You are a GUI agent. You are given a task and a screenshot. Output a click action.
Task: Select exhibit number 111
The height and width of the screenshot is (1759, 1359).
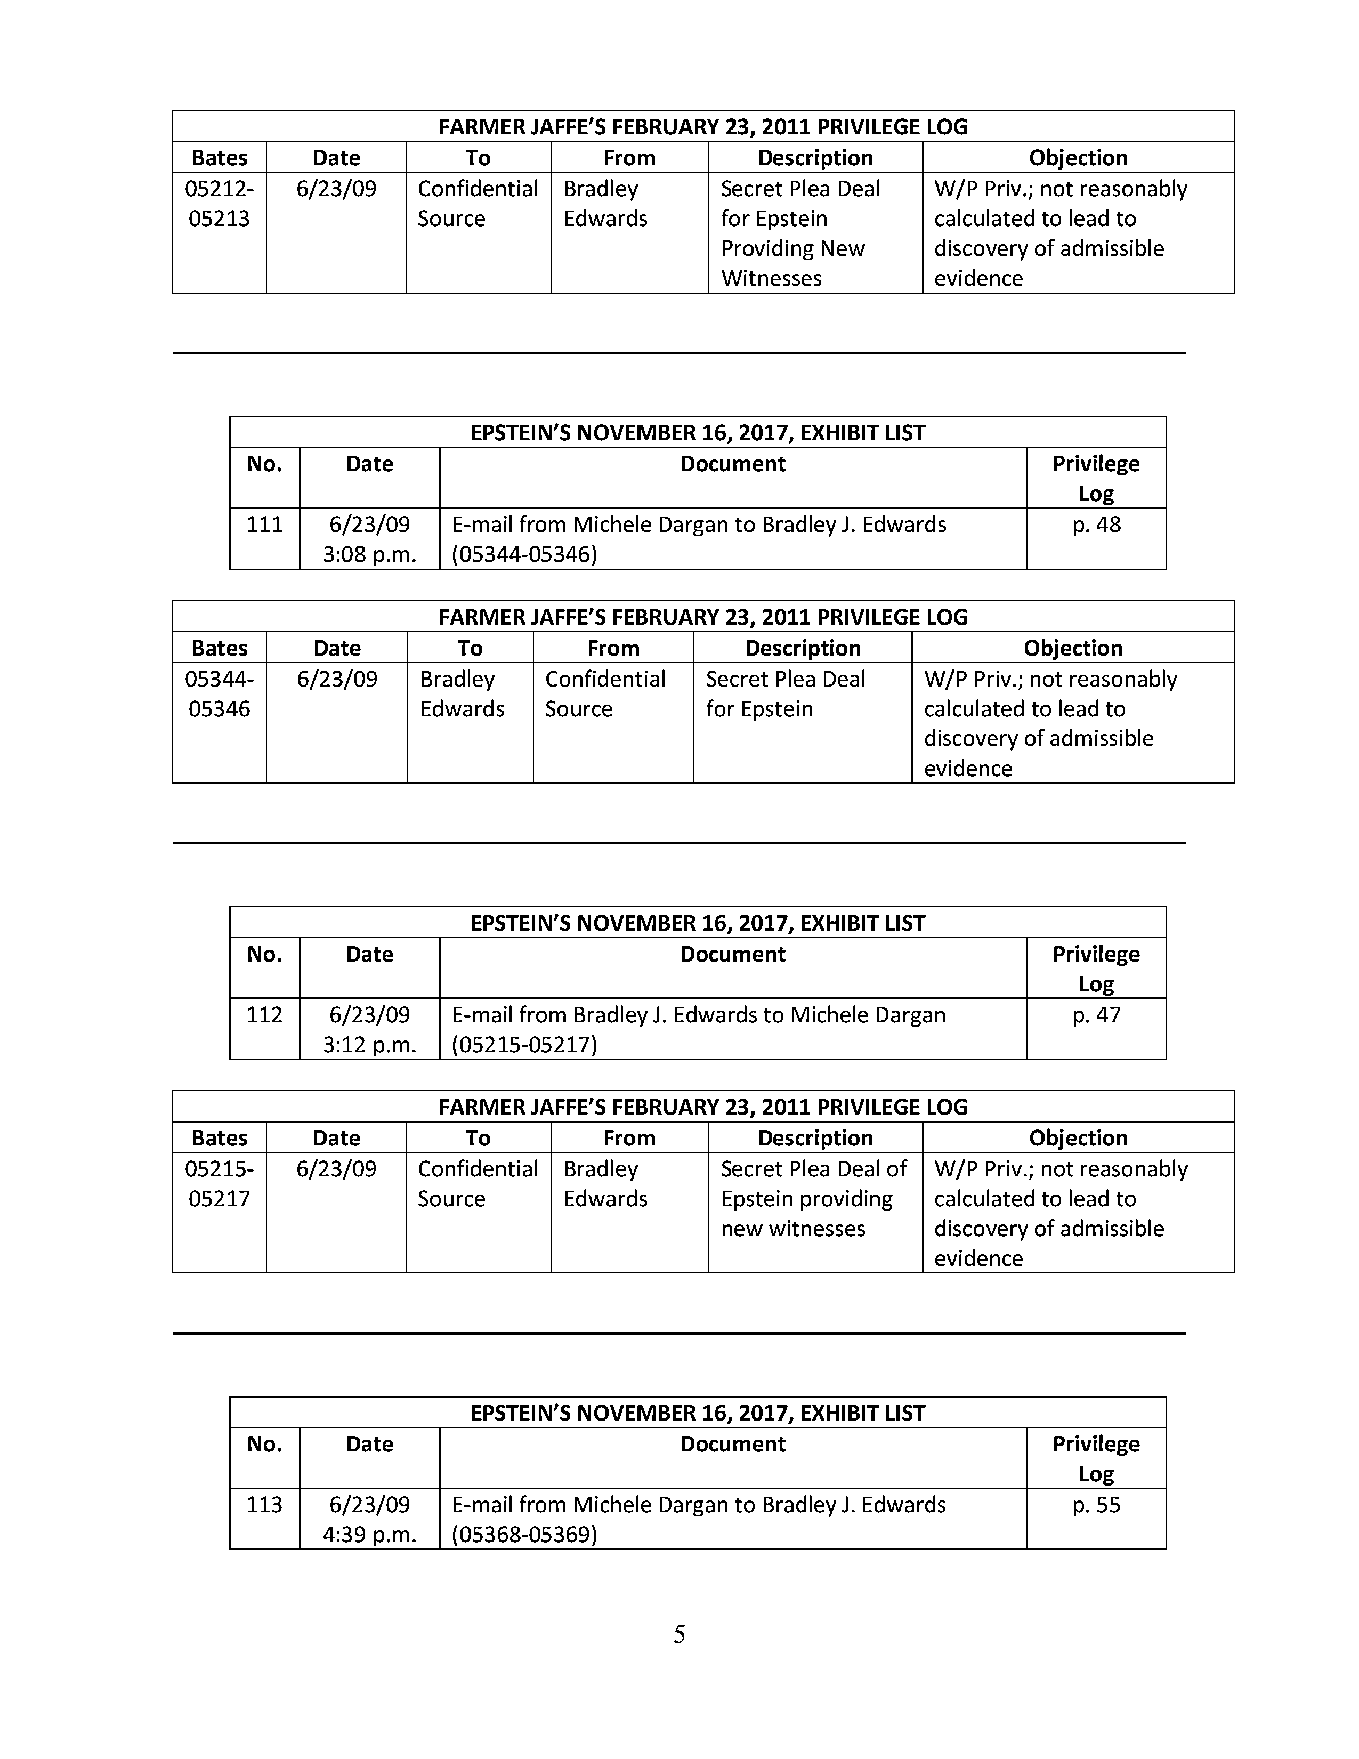tap(264, 525)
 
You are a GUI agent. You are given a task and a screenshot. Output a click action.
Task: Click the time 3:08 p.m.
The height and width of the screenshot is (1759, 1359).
tap(369, 555)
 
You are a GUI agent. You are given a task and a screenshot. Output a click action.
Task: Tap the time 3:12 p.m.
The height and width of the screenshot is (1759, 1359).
tap(369, 1045)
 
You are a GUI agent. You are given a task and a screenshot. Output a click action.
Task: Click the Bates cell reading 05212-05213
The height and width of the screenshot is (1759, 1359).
tap(219, 203)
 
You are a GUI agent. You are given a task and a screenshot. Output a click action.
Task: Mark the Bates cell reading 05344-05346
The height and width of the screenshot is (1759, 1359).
tap(219, 693)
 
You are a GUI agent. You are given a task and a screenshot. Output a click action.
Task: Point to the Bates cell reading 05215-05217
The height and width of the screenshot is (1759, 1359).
tap(219, 1183)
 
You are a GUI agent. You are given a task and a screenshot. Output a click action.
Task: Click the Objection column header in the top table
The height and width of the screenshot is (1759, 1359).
tap(1078, 158)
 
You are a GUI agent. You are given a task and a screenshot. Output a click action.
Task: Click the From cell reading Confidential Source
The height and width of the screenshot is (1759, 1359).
tap(605, 693)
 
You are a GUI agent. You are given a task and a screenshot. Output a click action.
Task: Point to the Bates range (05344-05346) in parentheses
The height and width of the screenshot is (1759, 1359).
tap(524, 555)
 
